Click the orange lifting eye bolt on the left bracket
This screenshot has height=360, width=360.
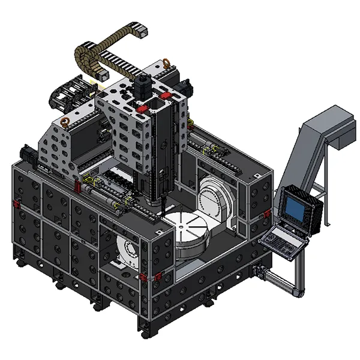pyautogui.click(x=65, y=122)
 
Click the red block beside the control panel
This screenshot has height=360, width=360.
pyautogui.click(x=266, y=215)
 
